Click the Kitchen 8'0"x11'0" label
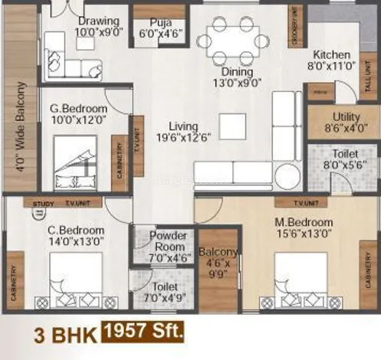(331, 61)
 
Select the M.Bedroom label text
(304, 227)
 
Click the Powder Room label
(167, 241)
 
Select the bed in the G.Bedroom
(74, 162)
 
